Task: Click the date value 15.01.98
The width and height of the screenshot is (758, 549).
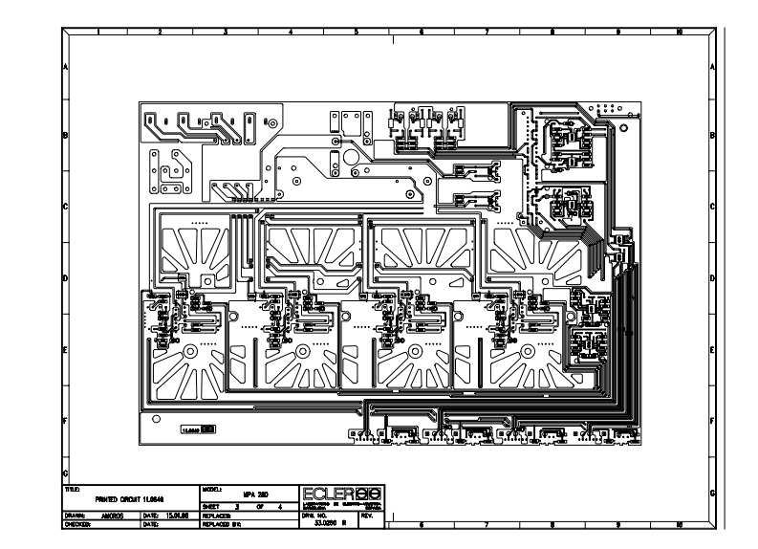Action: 178,516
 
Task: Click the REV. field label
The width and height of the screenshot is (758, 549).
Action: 367,515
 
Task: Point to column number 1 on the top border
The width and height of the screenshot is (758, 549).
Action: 99,32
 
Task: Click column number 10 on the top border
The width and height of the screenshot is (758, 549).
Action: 679,32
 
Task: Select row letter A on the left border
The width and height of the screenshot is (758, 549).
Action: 65,68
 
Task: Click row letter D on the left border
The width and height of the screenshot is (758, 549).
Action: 65,278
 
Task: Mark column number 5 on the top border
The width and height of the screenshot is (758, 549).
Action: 357,32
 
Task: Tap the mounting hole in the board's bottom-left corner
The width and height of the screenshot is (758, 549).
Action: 157,418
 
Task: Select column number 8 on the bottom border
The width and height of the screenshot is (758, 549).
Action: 552,524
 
